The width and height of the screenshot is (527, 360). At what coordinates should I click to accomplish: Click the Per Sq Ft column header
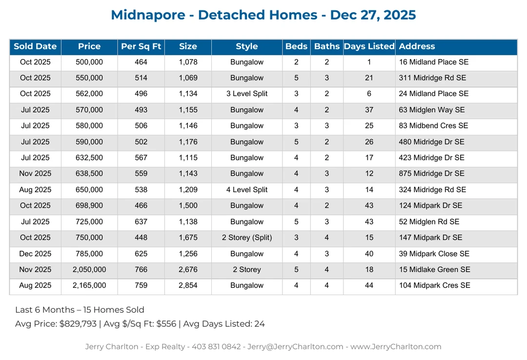coord(141,47)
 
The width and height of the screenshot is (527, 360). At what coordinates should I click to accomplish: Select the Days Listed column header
coord(369,47)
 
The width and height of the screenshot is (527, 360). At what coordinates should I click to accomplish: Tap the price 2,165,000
coord(89,286)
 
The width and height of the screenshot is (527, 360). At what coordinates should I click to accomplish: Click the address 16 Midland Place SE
coord(434,62)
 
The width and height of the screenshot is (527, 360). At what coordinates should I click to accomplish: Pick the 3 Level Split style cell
coord(247,94)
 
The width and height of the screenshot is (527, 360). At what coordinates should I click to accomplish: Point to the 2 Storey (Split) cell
coord(247,238)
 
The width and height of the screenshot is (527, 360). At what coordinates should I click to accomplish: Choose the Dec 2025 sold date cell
coord(35,254)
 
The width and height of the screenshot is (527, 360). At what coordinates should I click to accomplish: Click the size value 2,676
coord(188,270)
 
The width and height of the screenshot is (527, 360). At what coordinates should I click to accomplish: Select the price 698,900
coord(89,206)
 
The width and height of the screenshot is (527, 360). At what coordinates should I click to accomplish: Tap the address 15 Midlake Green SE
coord(435,270)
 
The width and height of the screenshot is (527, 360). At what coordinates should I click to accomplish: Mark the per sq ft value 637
coord(141,222)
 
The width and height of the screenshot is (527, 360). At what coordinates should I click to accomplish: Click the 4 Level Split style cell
coord(247,190)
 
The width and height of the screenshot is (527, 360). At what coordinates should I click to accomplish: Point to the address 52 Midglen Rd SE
coord(429,222)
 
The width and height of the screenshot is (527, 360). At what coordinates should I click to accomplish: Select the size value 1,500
coord(188,206)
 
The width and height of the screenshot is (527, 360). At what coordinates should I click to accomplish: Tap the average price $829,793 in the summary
coord(78,324)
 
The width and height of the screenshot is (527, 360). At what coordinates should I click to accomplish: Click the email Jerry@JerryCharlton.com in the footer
coord(295,347)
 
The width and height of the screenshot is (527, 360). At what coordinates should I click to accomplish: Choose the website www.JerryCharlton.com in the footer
coord(396,347)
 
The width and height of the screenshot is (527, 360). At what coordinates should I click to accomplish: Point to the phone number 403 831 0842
coord(216,347)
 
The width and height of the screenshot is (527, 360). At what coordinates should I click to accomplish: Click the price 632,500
coord(89,158)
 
